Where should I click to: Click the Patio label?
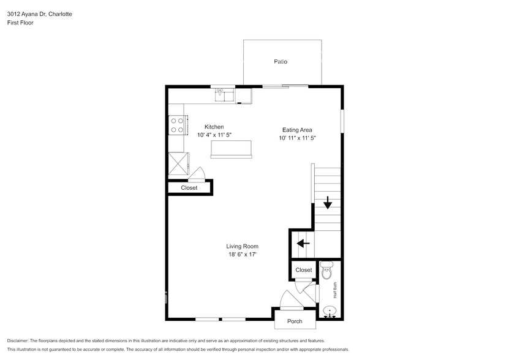[281, 62]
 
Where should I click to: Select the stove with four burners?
[178, 126]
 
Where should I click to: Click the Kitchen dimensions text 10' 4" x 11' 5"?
[214, 135]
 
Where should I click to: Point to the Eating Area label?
[297, 130]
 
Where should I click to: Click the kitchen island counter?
[231, 149]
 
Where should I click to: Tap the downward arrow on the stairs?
[328, 201]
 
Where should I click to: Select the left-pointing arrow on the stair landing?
[302, 244]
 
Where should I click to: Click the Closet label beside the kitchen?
[189, 188]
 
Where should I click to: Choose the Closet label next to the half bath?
[304, 270]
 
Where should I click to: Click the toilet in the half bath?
[326, 270]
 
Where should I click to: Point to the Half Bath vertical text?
[334, 290]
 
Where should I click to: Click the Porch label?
[295, 321]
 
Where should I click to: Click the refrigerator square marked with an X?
[178, 164]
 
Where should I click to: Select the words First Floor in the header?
[20, 23]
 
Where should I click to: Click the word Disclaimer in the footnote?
[18, 340]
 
